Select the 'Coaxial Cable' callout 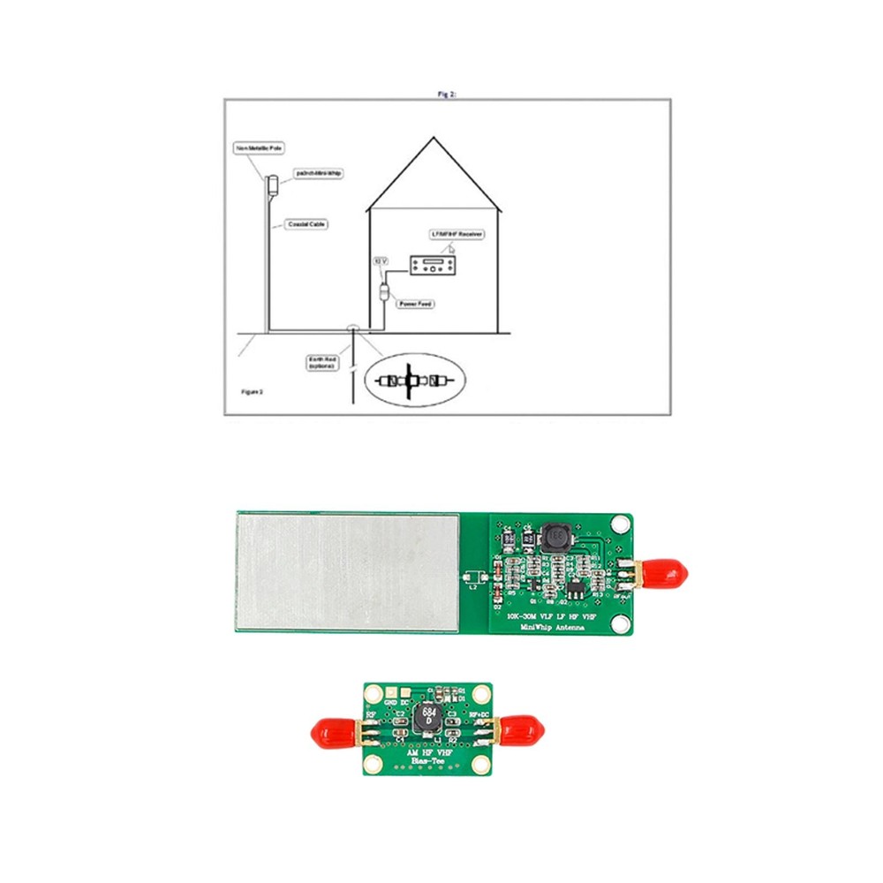tap(307, 225)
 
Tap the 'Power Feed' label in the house tap(416, 303)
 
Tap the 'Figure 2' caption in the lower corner tap(253, 389)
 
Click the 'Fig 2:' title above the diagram tap(447, 93)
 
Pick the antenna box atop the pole tap(272, 185)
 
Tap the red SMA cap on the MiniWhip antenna tap(667, 574)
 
